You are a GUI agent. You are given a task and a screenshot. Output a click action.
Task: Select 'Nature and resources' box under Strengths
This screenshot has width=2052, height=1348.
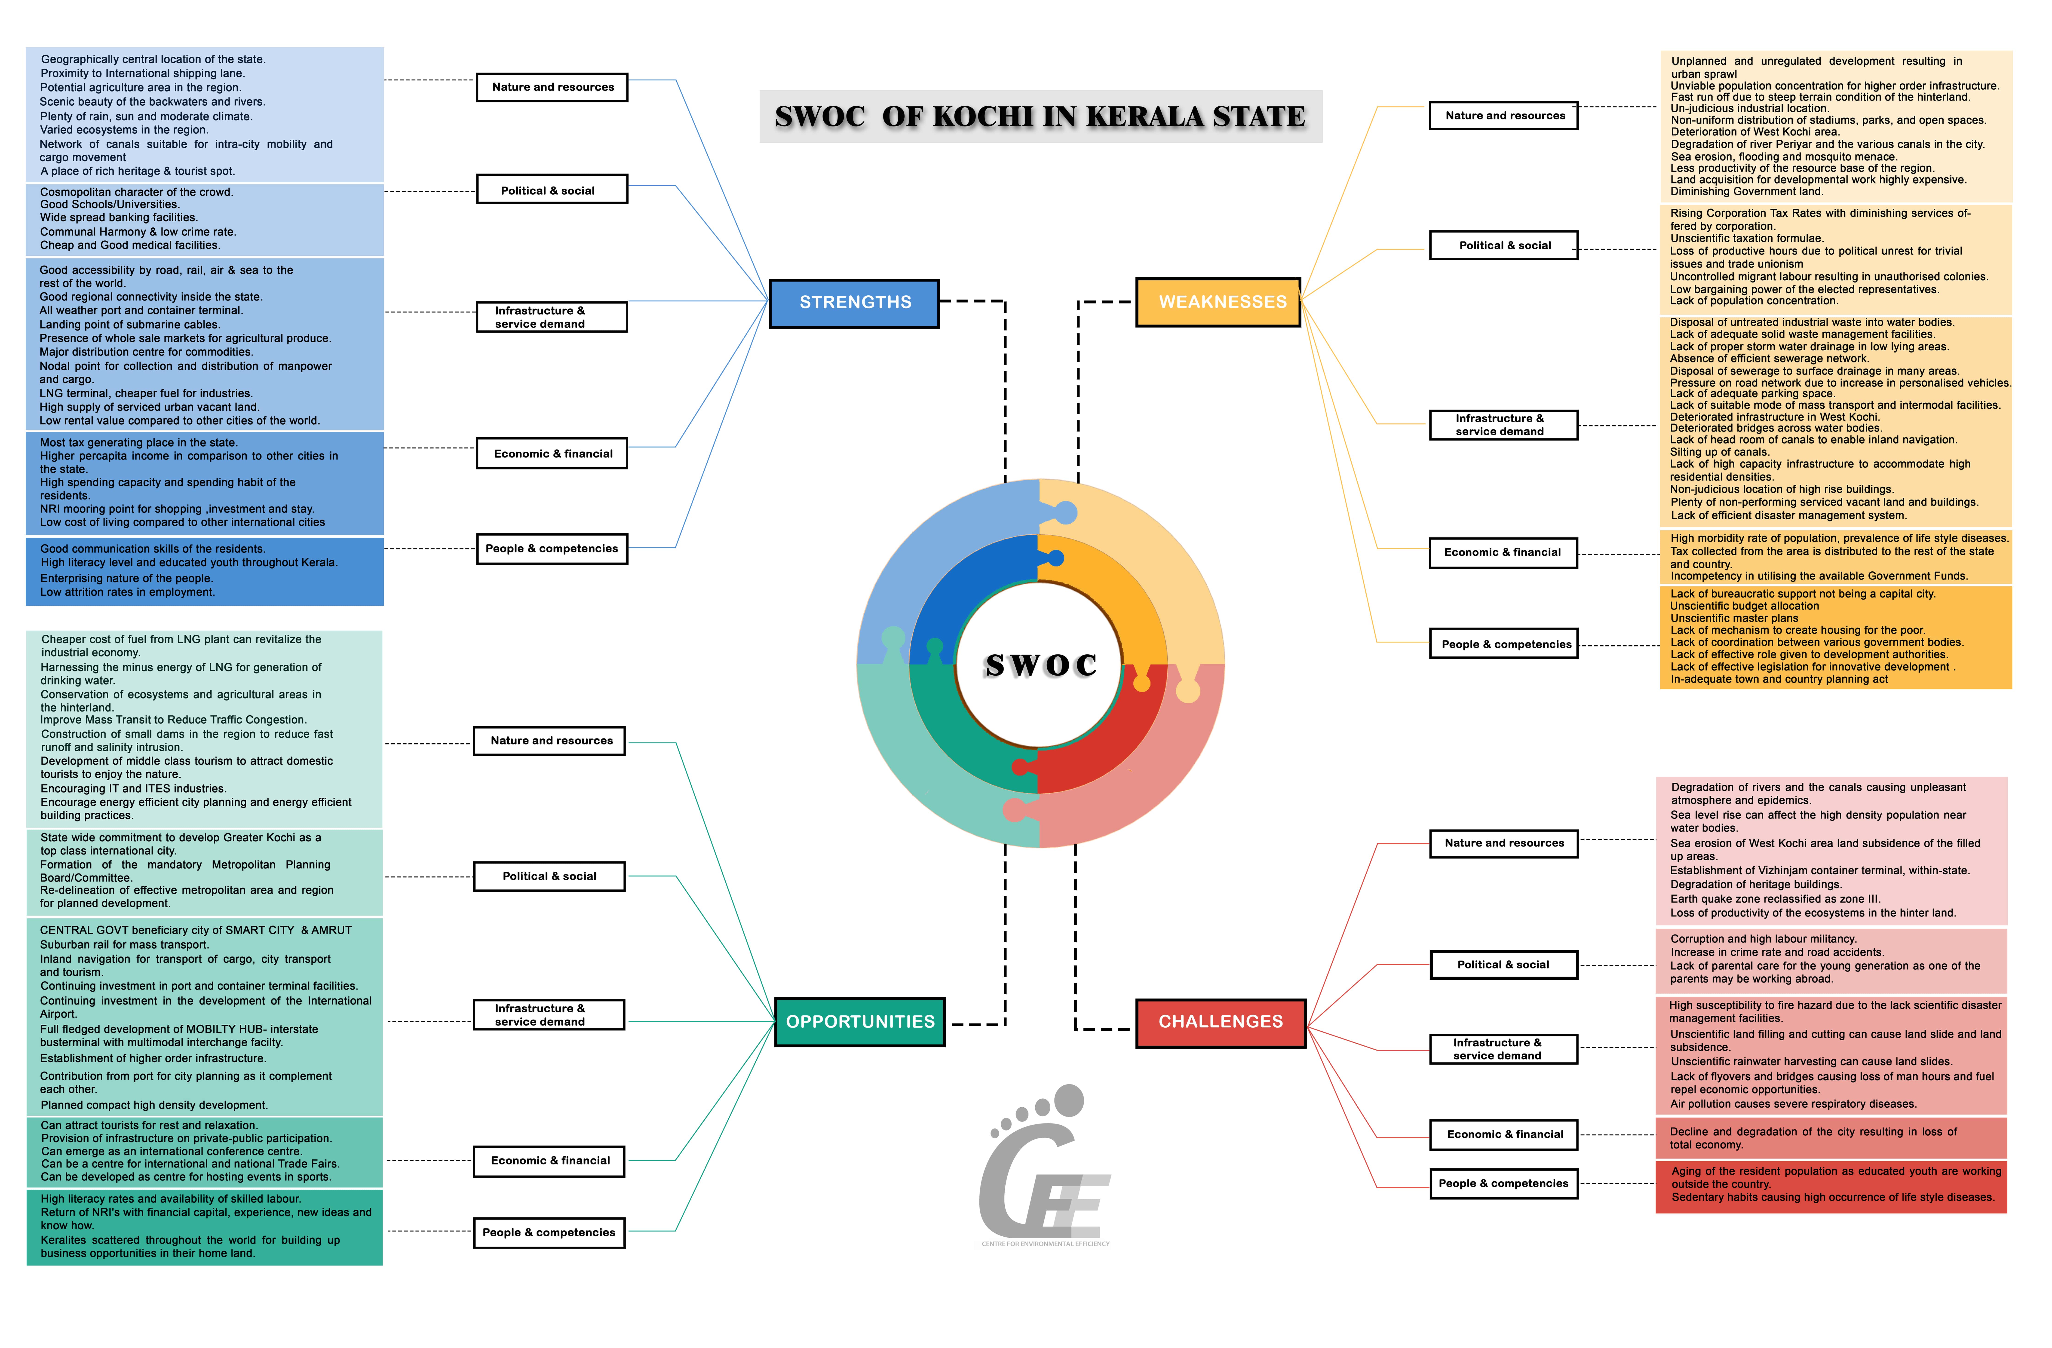[x=552, y=87]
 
